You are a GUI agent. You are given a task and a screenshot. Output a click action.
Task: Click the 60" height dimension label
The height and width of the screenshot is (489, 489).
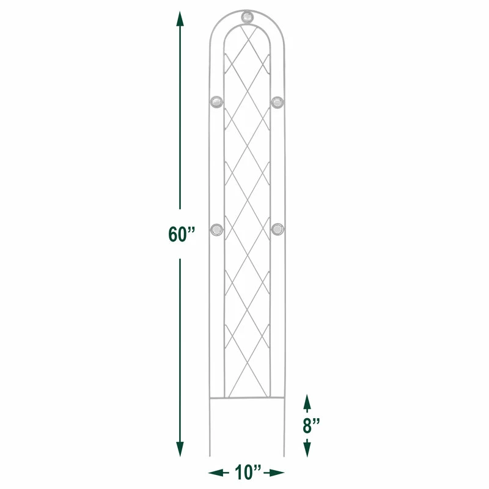182,234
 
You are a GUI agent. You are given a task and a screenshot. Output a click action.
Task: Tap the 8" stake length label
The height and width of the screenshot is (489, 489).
311,425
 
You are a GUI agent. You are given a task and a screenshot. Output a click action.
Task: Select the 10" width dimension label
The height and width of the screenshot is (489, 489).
248,472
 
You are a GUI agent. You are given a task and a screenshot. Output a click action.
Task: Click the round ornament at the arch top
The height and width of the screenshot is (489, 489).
247,17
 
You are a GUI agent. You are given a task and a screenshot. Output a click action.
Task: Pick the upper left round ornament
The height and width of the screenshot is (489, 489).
216,102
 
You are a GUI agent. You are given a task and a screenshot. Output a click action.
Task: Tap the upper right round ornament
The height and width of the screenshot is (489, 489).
278,102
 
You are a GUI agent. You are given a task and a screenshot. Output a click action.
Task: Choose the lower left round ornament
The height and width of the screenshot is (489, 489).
217,230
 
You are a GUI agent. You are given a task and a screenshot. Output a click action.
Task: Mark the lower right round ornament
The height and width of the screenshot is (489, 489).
278,230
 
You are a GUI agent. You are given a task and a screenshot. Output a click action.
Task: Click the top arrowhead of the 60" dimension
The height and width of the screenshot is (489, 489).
180,19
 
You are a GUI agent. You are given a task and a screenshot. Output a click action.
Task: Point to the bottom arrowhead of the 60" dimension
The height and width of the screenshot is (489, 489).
180,449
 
